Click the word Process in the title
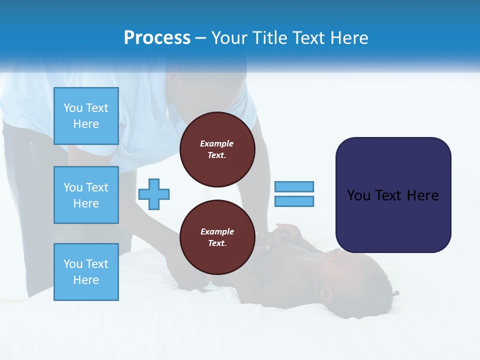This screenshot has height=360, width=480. point(157,38)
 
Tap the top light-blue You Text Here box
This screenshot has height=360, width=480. point(86,116)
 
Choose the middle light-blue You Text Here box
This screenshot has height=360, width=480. point(86,195)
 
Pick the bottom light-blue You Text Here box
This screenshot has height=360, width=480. point(86,272)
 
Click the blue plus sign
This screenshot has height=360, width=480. point(154,194)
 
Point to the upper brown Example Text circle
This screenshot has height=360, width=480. point(217,149)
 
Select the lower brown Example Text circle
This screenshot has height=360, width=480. point(217,237)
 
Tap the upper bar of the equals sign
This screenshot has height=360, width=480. point(294,186)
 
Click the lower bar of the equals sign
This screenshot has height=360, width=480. point(294,201)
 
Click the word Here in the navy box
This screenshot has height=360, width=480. point(422,195)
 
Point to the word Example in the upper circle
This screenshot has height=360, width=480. point(217,143)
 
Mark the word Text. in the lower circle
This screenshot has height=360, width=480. point(217,243)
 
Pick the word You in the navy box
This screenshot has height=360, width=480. point(358,195)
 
